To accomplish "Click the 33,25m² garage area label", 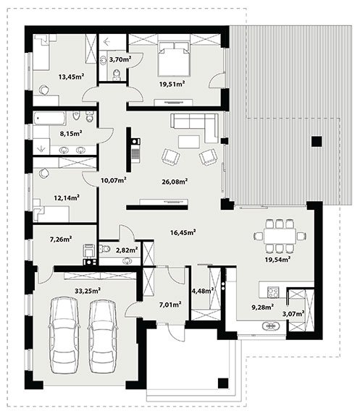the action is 88,291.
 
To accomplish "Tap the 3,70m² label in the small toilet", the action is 120,59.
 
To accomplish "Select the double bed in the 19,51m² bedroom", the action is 174,59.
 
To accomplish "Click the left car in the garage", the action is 64,336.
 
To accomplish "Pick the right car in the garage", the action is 102,336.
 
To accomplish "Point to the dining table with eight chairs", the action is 280,236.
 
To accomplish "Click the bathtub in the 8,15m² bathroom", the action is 50,119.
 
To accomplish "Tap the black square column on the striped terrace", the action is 317,141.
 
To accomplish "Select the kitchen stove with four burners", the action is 273,292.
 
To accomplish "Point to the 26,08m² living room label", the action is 175,182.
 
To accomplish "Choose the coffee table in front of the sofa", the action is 189,142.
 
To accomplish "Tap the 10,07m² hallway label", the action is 114,180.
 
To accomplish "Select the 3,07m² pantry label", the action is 293,314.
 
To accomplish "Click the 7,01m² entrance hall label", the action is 170,305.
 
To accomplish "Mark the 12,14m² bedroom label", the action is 67,198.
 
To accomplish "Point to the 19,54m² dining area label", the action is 277,259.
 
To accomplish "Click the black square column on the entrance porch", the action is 223,383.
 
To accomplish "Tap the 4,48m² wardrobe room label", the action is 203,291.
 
